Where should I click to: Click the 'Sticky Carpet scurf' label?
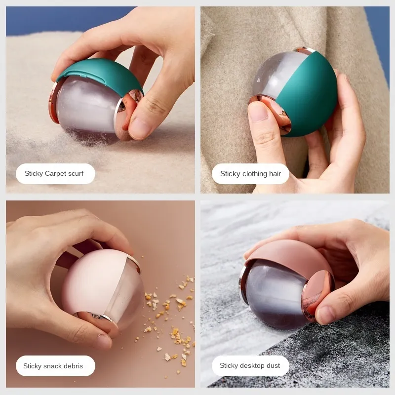[54, 174]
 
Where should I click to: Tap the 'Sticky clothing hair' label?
[250, 174]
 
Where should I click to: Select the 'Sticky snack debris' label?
[53, 366]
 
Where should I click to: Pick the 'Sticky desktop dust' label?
[250, 366]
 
